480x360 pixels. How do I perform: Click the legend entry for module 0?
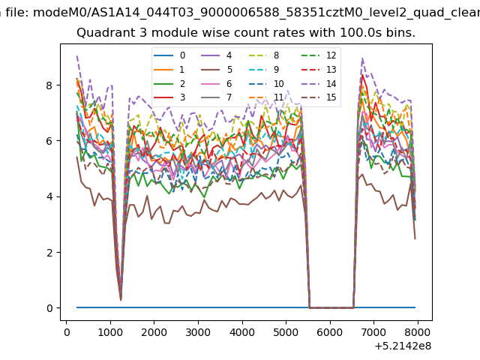click(x=169, y=55)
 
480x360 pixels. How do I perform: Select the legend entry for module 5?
click(x=217, y=70)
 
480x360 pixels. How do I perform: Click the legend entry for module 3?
click(x=169, y=97)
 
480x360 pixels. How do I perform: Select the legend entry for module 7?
click(x=217, y=97)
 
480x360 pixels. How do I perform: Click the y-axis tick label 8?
click(x=49, y=85)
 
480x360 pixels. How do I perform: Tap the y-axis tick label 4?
click(x=49, y=196)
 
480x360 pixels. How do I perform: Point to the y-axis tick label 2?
click(x=49, y=253)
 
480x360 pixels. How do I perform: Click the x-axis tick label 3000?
click(x=198, y=332)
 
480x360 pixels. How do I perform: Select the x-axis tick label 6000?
click(x=330, y=332)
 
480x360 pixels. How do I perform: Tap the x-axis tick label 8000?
click(x=418, y=332)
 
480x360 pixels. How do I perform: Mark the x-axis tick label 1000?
click(x=110, y=332)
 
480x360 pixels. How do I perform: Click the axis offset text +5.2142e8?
click(x=403, y=346)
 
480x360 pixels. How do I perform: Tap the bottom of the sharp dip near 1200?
click(x=121, y=300)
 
